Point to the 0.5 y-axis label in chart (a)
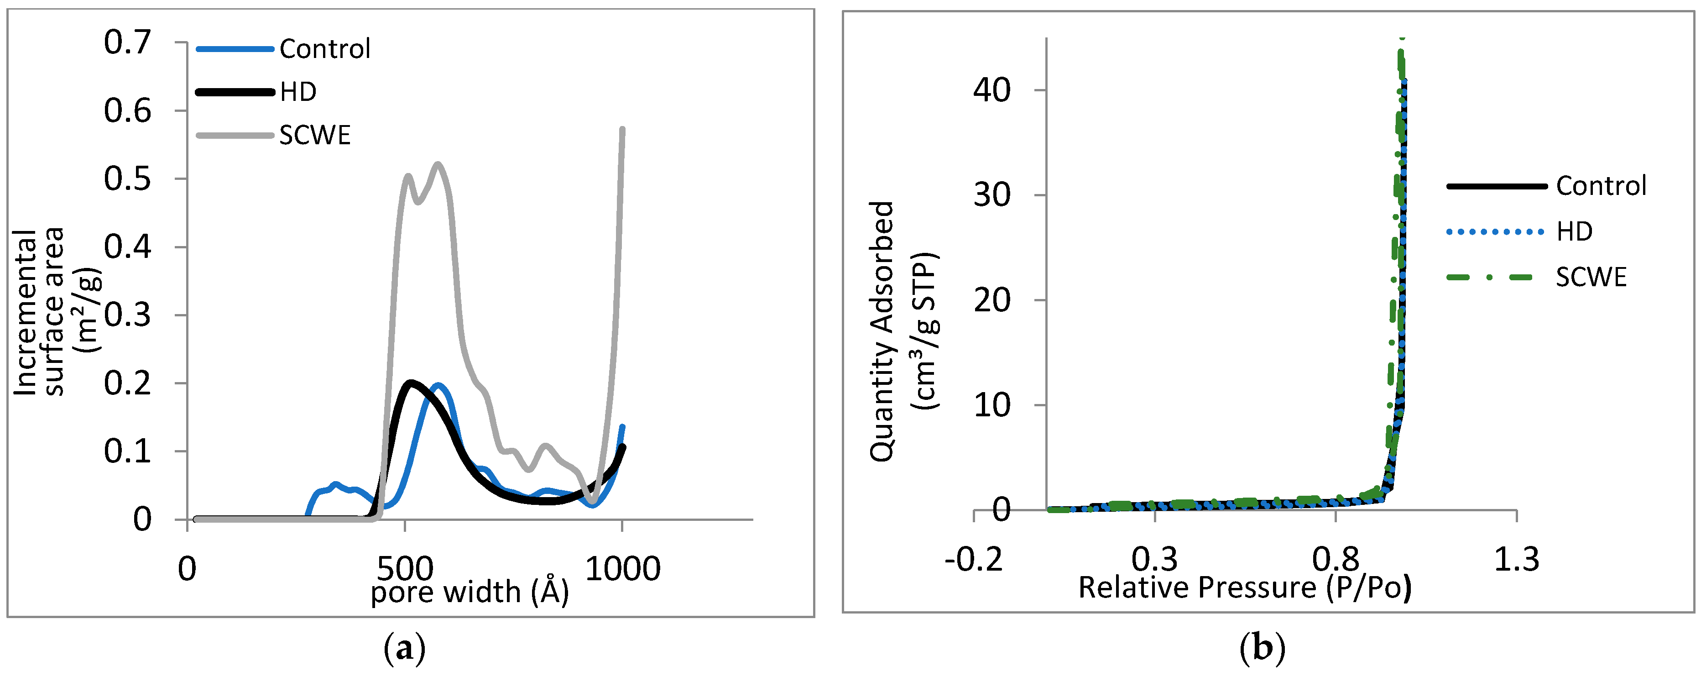(127, 179)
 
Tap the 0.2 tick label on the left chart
(127, 383)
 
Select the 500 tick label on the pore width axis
(405, 569)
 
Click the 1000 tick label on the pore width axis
(623, 569)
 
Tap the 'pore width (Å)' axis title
(470, 592)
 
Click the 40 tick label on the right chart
(992, 90)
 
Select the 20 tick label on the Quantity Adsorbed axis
(992, 301)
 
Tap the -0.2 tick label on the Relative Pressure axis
(973, 560)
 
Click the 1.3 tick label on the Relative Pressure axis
(1516, 560)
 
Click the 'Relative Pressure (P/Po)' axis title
(1245, 588)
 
